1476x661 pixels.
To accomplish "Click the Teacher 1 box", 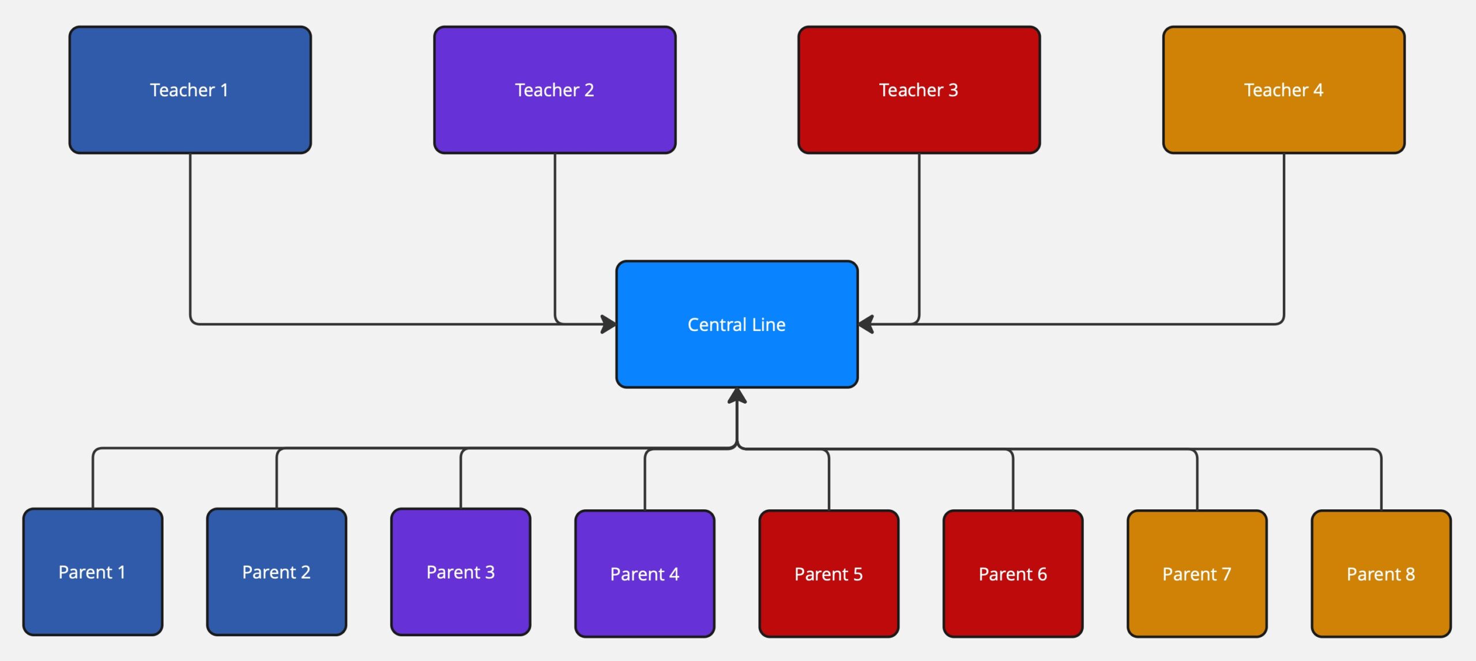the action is click(x=190, y=90).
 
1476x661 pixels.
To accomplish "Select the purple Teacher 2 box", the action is click(x=555, y=90).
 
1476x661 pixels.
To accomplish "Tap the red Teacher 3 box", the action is click(x=919, y=90).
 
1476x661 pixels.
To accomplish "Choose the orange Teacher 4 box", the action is click(x=1284, y=90).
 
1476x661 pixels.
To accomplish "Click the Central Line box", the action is click(x=737, y=324).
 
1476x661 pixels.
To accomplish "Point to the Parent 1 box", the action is click(x=93, y=572).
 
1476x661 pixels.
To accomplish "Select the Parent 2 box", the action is click(x=277, y=572).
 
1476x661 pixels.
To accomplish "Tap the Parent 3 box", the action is click(x=461, y=572).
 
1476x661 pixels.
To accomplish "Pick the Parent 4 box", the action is click(x=645, y=573).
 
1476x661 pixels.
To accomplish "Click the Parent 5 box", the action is click(x=829, y=573).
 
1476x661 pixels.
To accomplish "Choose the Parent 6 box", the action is click(x=1013, y=573).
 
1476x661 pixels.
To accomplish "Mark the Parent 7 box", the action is click(x=1197, y=573).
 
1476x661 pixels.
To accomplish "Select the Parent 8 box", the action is click(x=1381, y=573).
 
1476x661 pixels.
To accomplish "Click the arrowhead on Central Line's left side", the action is click(x=609, y=324).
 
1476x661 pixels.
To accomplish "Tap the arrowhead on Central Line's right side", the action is click(x=866, y=324).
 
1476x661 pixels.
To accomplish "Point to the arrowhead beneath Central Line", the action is click(x=737, y=396).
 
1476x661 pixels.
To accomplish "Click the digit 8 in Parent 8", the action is click(x=1410, y=574).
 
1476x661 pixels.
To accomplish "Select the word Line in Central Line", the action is click(x=769, y=325).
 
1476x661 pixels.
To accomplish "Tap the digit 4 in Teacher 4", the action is click(x=1318, y=90).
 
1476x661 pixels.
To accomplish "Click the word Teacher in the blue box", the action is click(x=182, y=90).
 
